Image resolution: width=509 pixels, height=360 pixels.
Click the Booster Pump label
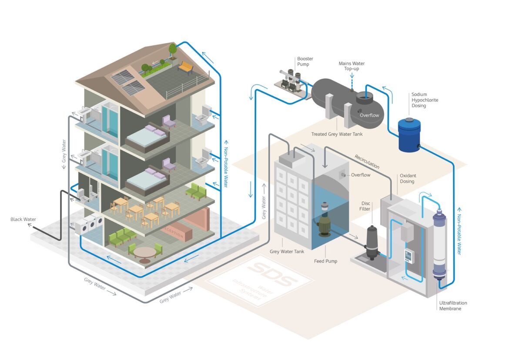pos(305,61)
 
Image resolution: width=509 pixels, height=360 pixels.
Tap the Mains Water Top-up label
pos(352,66)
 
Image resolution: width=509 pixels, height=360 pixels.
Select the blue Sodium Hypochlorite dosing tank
pos(409,135)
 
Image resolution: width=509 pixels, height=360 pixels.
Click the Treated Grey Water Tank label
pos(337,134)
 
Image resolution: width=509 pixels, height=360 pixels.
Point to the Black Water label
pos(23,219)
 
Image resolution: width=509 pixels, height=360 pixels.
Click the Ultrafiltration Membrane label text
pos(452,306)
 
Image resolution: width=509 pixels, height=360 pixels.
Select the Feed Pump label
pos(325,261)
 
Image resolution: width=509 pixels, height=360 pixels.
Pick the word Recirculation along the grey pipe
pos(367,161)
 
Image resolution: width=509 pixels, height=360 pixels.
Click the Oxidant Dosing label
pos(407,178)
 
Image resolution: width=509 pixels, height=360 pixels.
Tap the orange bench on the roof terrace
pos(185,67)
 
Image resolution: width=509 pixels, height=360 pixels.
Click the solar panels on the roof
pos(128,82)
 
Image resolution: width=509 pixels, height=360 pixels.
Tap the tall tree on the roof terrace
pos(173,50)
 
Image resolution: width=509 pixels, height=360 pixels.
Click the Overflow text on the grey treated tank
pos(369,115)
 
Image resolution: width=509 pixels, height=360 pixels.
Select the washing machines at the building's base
pos(90,225)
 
